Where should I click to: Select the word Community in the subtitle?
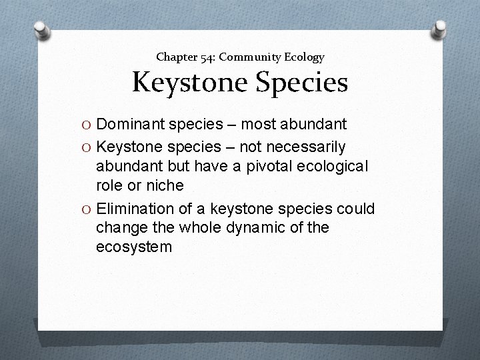click(251, 57)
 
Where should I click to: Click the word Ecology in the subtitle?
click(305, 57)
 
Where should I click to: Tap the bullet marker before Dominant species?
click(85, 123)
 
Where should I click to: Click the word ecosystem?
click(134, 247)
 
